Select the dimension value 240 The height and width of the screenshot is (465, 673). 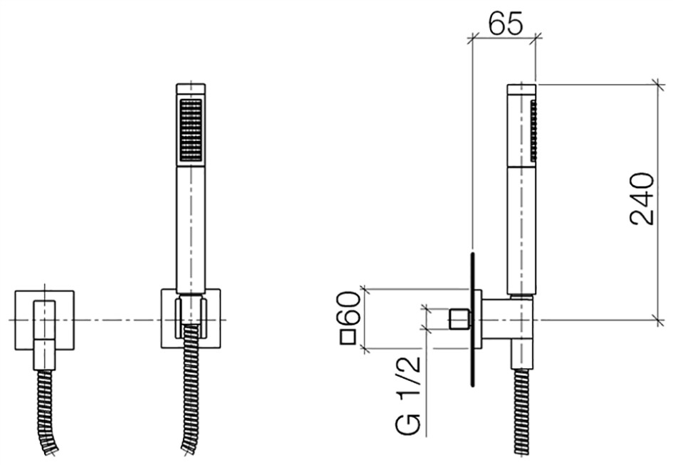click(x=642, y=199)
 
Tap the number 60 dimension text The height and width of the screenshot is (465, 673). click(x=348, y=309)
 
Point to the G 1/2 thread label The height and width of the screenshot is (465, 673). click(x=408, y=395)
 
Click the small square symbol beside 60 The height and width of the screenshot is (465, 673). click(x=348, y=338)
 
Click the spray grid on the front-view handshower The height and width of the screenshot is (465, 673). click(x=191, y=130)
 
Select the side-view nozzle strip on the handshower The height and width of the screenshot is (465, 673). click(x=533, y=130)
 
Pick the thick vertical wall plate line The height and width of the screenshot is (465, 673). click(x=473, y=320)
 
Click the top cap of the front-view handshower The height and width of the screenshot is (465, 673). click(x=191, y=88)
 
